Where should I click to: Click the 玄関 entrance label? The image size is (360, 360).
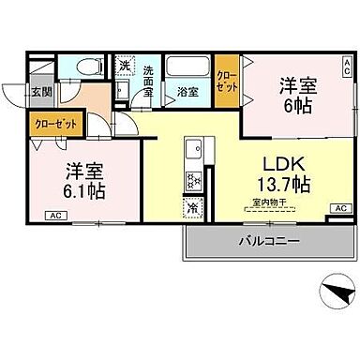[x=39, y=92]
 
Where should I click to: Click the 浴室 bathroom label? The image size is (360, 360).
[x=187, y=92]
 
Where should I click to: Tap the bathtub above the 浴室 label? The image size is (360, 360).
[x=186, y=68]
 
